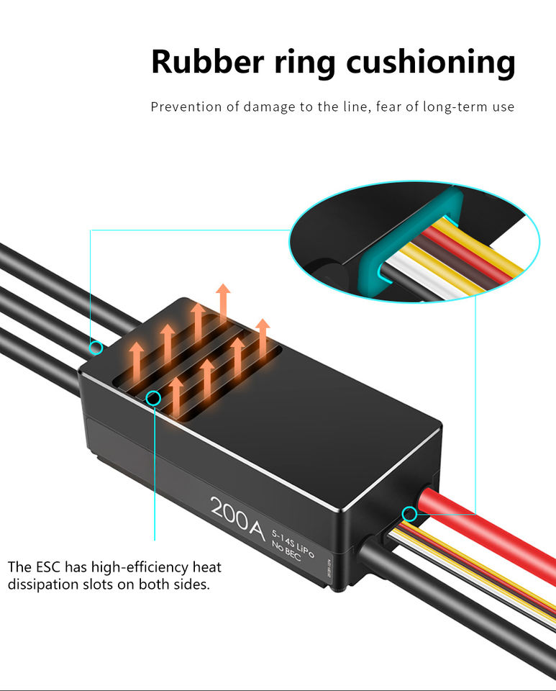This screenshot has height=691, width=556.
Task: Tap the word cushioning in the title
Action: pyautogui.click(x=431, y=63)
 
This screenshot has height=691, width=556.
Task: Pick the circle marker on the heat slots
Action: pyautogui.click(x=153, y=397)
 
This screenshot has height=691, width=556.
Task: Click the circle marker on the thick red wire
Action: pyautogui.click(x=409, y=514)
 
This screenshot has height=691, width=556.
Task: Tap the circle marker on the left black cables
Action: pyautogui.click(x=96, y=348)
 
